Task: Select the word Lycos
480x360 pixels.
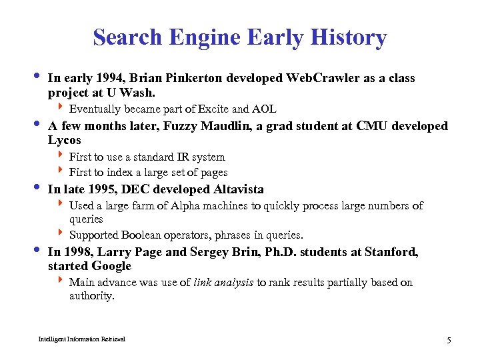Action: pyautogui.click(x=65, y=140)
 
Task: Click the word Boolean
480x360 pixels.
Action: pyautogui.click(x=143, y=235)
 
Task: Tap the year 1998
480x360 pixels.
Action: pyautogui.click(x=78, y=252)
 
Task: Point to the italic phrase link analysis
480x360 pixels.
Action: pyautogui.click(x=223, y=282)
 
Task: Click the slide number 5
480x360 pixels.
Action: pyautogui.click(x=449, y=341)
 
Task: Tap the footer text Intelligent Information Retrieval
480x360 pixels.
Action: pyautogui.click(x=82, y=339)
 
